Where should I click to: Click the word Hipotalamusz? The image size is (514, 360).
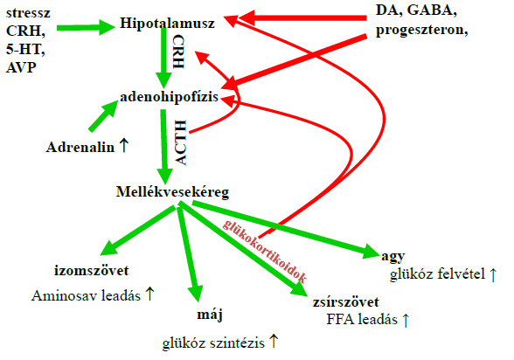tap(167, 24)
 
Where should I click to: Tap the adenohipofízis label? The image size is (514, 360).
tap(170, 97)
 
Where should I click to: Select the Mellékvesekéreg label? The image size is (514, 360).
tap(172, 191)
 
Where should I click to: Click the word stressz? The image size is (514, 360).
tap(28, 13)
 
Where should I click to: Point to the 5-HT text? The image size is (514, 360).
tap(25, 49)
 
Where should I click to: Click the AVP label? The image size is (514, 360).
tap(21, 67)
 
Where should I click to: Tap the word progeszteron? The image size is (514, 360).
tap(421, 30)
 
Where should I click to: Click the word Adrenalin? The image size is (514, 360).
tap(80, 148)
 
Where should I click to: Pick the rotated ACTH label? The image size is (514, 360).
tap(180, 142)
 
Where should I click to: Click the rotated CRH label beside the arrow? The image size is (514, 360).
tap(178, 52)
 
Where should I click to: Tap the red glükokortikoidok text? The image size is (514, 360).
tap(265, 252)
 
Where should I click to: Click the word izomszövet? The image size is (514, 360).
tap(92, 271)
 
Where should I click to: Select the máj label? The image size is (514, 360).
tap(210, 315)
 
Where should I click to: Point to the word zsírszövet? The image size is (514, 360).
tap(346, 302)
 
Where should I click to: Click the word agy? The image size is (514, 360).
tap(393, 257)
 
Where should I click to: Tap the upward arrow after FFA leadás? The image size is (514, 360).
tap(406, 320)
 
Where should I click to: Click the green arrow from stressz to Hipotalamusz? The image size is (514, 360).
tap(86, 27)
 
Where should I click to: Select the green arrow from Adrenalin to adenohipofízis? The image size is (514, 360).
tap(103, 116)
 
